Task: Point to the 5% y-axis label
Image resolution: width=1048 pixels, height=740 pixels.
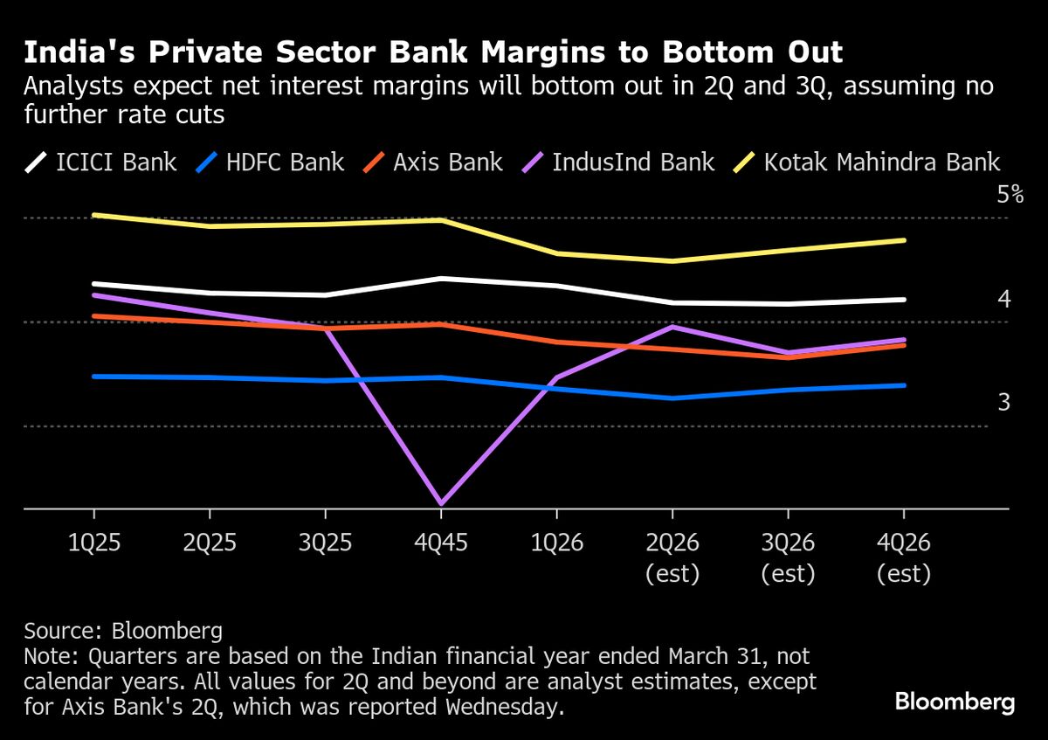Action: coord(1010,194)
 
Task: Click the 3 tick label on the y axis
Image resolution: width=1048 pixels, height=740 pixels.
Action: coord(1004,402)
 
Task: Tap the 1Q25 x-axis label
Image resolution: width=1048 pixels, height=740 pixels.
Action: coord(94,543)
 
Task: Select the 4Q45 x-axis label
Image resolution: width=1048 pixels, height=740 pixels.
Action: coord(441,543)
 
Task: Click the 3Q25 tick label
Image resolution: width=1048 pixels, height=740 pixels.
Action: coord(326,543)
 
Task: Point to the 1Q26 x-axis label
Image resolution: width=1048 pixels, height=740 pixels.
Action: coord(557,543)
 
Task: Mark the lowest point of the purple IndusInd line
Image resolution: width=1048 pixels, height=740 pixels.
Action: coord(441,503)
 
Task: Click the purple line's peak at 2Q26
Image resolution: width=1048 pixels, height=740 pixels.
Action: coord(672,326)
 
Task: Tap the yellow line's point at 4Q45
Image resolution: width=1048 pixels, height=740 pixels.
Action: coord(441,220)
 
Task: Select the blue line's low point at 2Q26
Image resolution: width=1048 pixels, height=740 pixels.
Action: coord(672,398)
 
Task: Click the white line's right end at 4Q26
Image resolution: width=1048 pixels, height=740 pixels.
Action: coord(903,300)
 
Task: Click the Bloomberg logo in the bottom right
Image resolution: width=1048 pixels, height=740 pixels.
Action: coord(955,702)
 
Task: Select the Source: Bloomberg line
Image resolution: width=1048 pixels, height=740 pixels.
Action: coord(123,631)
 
